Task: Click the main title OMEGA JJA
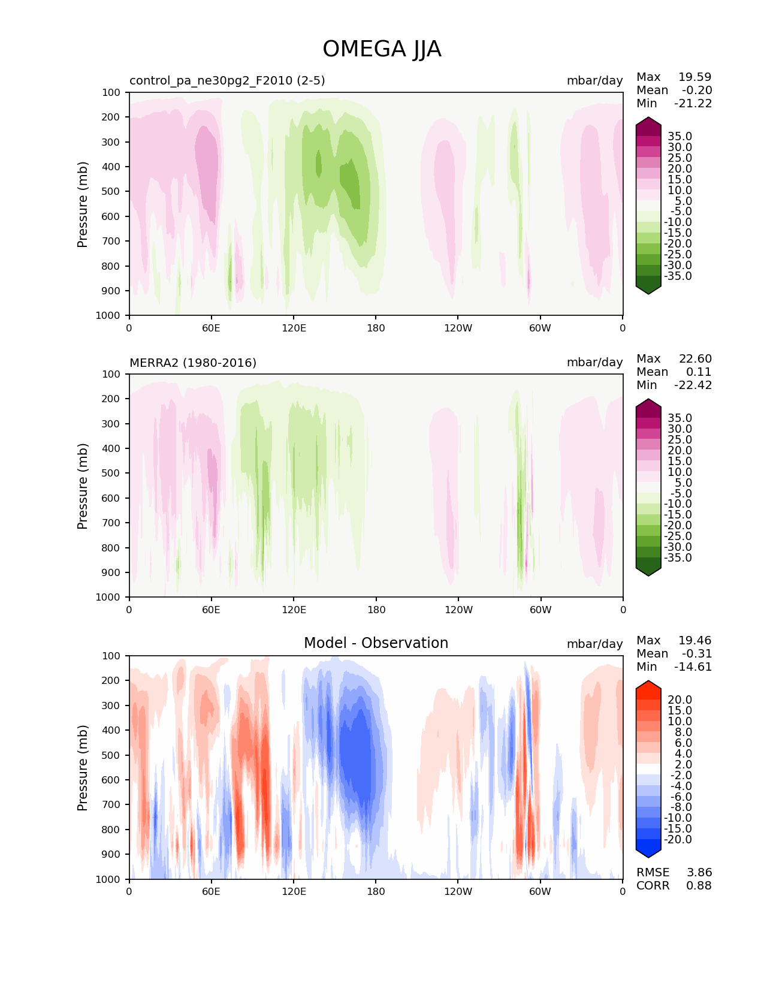(x=382, y=49)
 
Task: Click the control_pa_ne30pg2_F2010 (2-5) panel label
(x=227, y=80)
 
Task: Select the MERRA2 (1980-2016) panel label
(x=193, y=363)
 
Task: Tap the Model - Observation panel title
(x=376, y=643)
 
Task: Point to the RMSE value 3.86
(x=699, y=872)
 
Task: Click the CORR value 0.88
(x=699, y=885)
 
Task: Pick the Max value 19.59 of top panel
(x=694, y=77)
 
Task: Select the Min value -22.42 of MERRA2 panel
(x=693, y=385)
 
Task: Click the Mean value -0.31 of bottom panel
(x=696, y=653)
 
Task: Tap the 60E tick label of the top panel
(x=211, y=328)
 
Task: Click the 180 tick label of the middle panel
(x=376, y=610)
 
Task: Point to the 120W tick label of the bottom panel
(x=458, y=891)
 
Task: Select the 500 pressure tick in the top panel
(x=111, y=191)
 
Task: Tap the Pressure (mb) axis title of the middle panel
(x=83, y=486)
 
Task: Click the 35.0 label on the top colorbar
(x=680, y=136)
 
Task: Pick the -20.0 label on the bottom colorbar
(x=678, y=839)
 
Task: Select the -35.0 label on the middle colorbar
(x=678, y=557)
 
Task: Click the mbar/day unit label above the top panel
(x=594, y=80)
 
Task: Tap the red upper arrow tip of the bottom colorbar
(x=648, y=684)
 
